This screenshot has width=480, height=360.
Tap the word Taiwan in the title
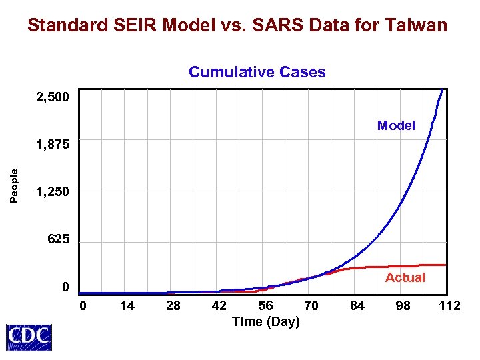[x=415, y=26]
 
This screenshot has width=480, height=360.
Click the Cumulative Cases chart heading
[x=257, y=72]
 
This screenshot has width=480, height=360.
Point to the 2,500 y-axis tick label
[x=52, y=97]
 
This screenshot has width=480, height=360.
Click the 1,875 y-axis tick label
[x=52, y=145]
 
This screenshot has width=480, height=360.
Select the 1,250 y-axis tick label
[x=52, y=192]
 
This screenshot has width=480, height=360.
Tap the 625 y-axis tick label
[x=58, y=239]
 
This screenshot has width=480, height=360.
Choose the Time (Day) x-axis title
[x=265, y=322]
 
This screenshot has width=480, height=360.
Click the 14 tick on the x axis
[x=127, y=305]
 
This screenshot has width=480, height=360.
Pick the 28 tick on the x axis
[x=173, y=305]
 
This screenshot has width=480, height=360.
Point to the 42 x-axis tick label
[x=219, y=305]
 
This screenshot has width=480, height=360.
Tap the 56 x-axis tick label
[x=265, y=305]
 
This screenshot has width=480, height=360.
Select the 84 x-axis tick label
[x=357, y=305]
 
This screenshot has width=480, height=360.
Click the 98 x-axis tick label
[x=403, y=305]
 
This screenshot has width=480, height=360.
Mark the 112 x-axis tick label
[x=450, y=305]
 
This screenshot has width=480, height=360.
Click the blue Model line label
[x=396, y=125]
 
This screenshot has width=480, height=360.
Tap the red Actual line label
[x=405, y=277]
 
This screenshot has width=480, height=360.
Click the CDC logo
[x=29, y=337]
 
